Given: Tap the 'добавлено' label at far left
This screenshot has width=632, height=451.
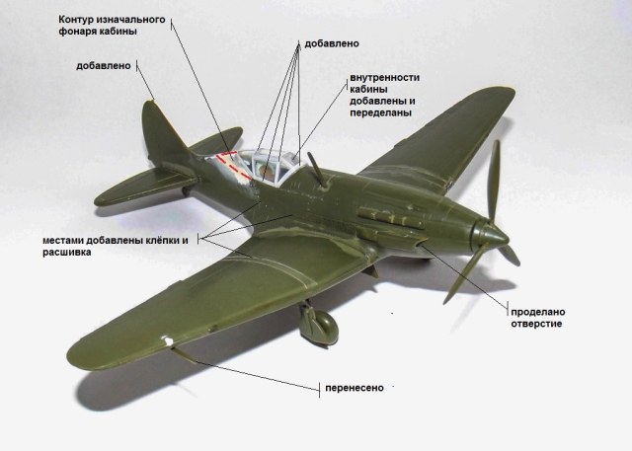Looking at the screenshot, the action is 104,66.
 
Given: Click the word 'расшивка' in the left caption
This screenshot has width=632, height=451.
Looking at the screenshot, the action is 68,253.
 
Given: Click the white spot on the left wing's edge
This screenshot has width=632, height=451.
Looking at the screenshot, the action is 172,343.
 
